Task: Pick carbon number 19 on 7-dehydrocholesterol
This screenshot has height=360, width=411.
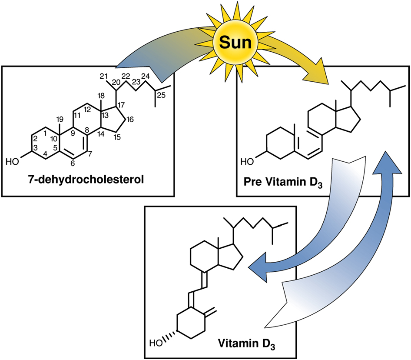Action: click(x=60, y=119)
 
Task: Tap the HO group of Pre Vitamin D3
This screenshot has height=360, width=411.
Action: click(x=248, y=162)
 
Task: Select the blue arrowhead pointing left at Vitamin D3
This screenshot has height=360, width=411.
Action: click(x=258, y=264)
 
